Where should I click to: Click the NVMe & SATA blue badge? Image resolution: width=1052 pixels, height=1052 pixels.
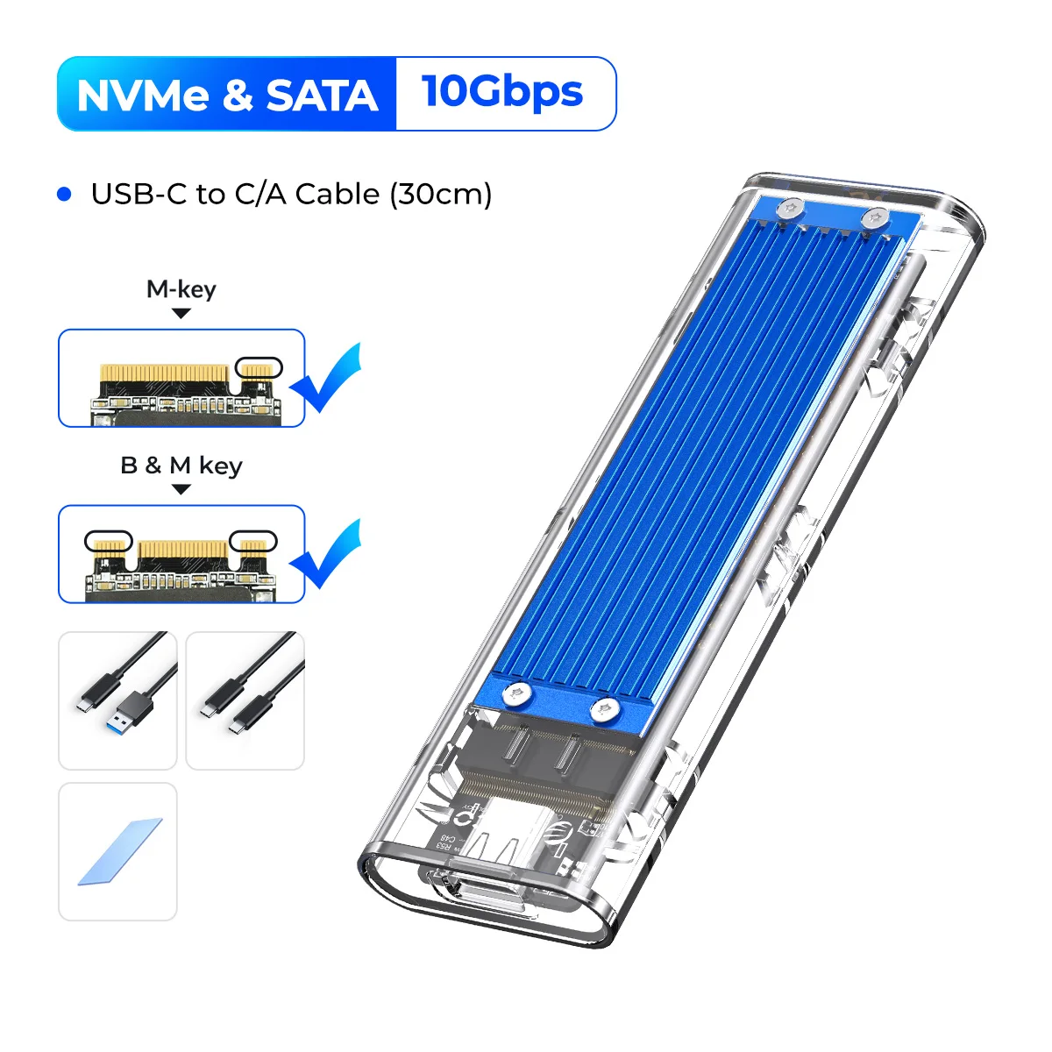(x=227, y=95)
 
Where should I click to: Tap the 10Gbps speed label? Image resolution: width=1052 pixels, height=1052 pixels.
(x=502, y=92)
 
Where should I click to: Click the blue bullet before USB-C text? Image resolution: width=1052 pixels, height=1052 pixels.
(x=64, y=194)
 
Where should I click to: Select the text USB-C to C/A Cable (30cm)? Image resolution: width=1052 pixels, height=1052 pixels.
(x=291, y=194)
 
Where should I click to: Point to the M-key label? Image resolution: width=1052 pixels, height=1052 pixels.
(x=181, y=289)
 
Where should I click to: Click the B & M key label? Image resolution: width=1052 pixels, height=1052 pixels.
(x=181, y=466)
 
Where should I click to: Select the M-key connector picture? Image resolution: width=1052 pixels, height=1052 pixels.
(x=181, y=378)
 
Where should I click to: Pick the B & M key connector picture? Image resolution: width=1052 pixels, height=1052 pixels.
(x=181, y=554)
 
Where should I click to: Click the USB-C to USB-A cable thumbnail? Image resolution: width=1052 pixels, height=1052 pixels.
(x=117, y=700)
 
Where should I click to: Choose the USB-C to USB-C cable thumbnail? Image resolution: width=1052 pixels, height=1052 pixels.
(x=245, y=700)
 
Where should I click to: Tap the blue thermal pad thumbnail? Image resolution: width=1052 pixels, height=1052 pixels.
(x=117, y=851)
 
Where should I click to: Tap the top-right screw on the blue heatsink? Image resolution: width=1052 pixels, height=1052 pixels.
(x=872, y=217)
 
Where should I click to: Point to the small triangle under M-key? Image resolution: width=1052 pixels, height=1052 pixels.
(x=181, y=313)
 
